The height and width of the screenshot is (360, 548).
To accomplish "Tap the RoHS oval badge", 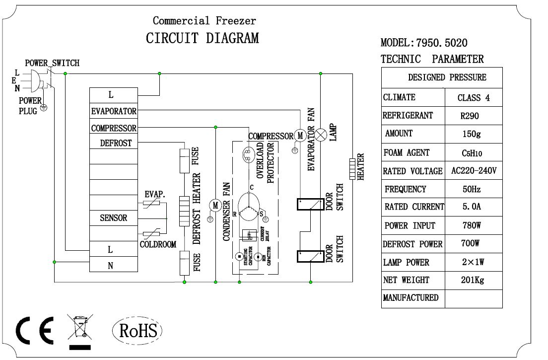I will [x=137, y=330].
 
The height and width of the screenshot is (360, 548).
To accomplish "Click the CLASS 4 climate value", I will [x=473, y=98].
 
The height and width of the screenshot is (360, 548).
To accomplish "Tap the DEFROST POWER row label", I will [x=412, y=244].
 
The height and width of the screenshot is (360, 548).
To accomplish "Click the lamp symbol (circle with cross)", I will [x=322, y=135].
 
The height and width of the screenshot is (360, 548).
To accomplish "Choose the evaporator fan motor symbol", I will [x=300, y=135].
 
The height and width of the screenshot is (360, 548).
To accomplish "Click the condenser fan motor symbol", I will [x=215, y=205].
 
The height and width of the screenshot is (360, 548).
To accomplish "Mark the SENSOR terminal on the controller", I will [x=113, y=218].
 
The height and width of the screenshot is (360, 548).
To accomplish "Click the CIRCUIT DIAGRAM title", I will [x=202, y=38].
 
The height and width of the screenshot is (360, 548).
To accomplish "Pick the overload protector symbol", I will [x=247, y=155].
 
